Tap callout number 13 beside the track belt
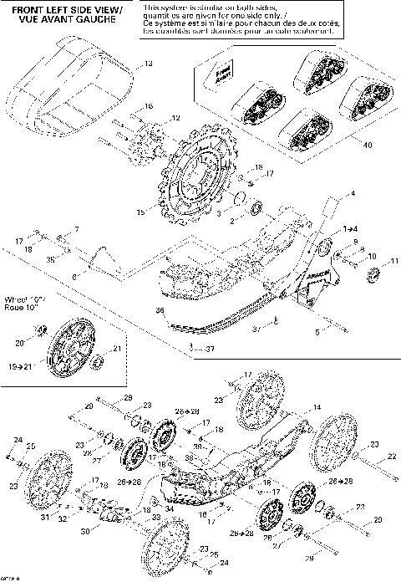[149, 64]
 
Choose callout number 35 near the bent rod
[51, 259]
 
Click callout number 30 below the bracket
[84, 531]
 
